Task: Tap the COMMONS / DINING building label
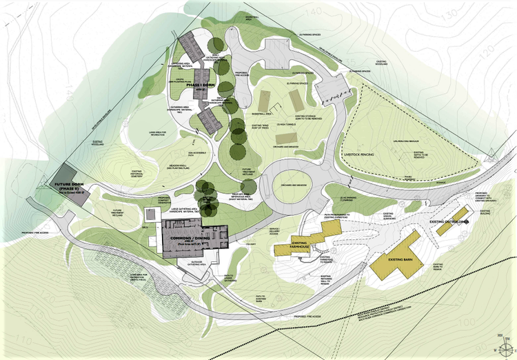[193, 239]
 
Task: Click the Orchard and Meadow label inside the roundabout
[295, 186]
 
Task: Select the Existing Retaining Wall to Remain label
[325, 280]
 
